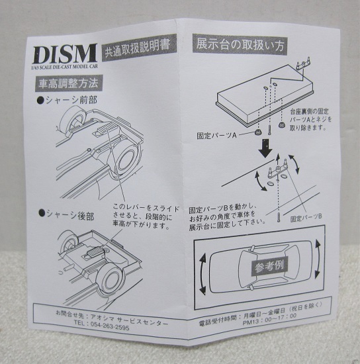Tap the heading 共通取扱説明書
(x=139, y=48)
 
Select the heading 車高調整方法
(x=69, y=83)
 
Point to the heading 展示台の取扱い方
(x=240, y=45)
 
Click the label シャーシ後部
(x=70, y=215)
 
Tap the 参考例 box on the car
(x=269, y=267)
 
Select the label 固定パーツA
(x=216, y=136)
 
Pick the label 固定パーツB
(x=306, y=218)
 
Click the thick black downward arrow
(x=266, y=148)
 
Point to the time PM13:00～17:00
(x=269, y=319)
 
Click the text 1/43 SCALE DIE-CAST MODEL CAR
(x=64, y=67)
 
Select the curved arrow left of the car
(x=203, y=274)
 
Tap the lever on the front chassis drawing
(x=107, y=128)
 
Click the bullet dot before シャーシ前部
(x=40, y=101)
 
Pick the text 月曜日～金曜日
(x=263, y=312)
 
